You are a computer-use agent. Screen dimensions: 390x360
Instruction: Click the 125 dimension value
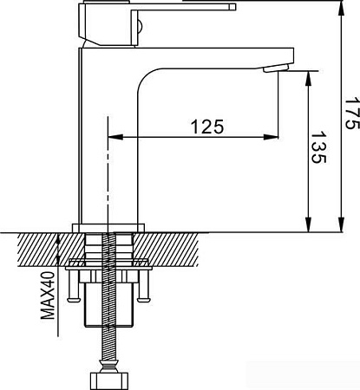[x=206, y=126]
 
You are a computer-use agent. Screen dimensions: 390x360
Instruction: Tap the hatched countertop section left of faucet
[x=39, y=248]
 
